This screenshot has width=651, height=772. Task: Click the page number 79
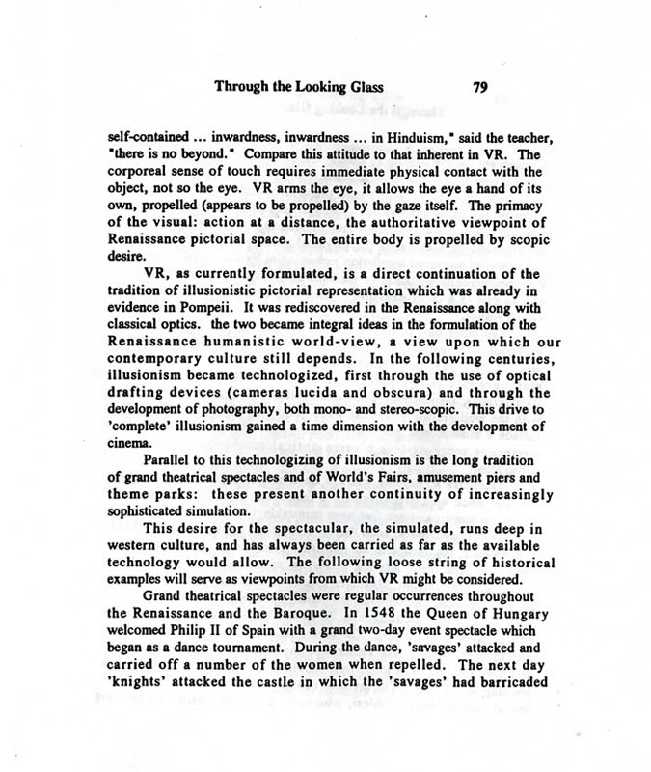482,85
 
